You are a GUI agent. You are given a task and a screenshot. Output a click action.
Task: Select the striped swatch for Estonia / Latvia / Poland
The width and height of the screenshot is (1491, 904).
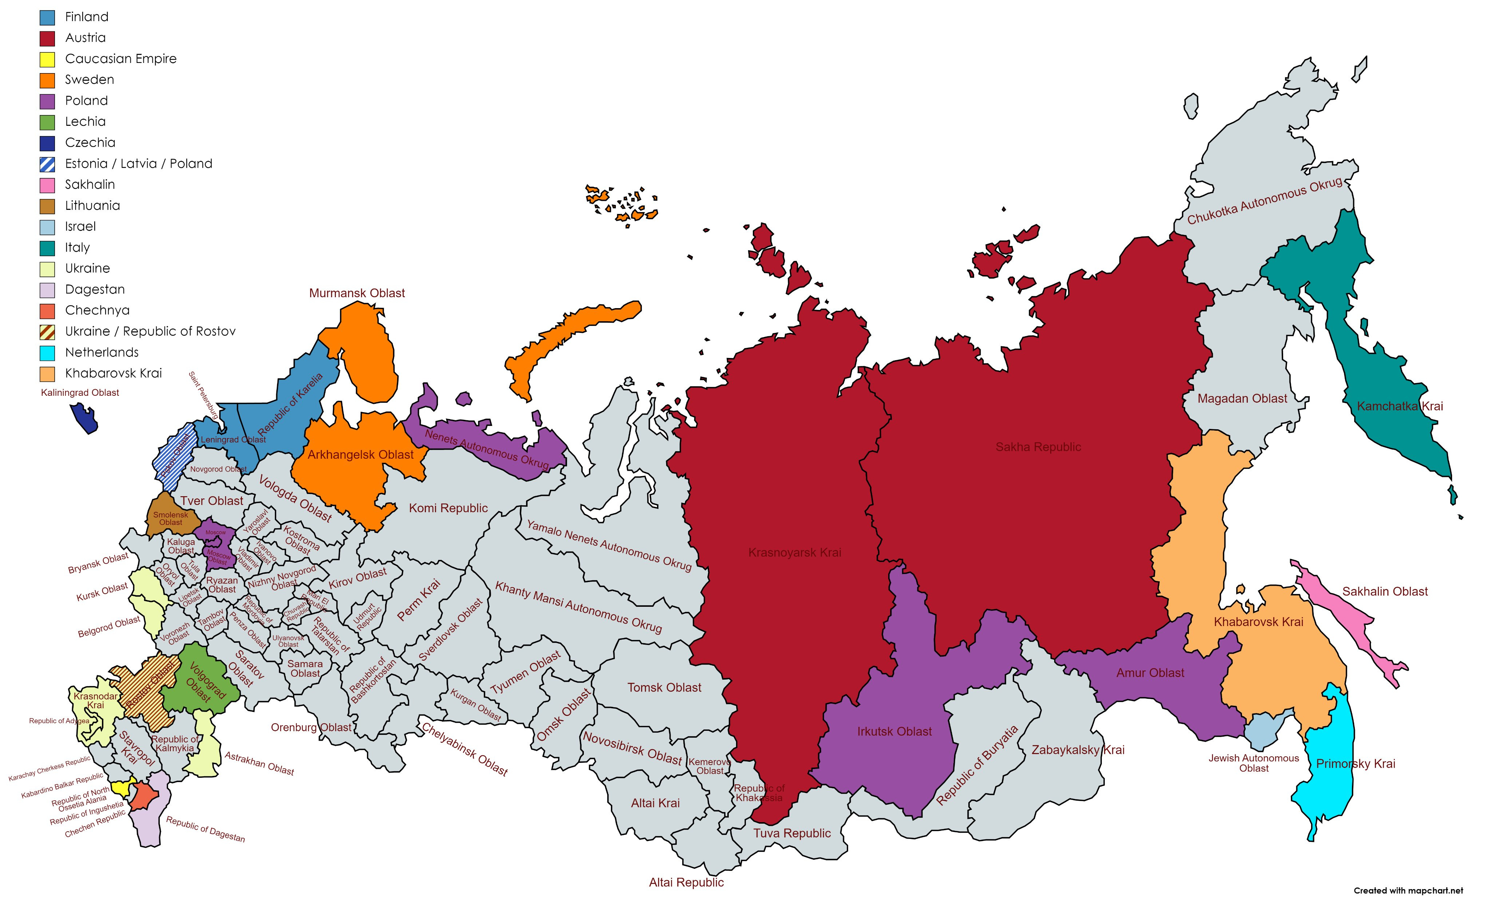click(47, 164)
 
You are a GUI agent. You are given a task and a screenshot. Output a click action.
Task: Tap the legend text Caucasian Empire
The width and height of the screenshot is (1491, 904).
click(120, 59)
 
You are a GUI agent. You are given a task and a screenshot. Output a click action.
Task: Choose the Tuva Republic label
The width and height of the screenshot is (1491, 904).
click(791, 833)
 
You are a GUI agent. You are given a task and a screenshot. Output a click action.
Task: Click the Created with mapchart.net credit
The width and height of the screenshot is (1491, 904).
click(1408, 890)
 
